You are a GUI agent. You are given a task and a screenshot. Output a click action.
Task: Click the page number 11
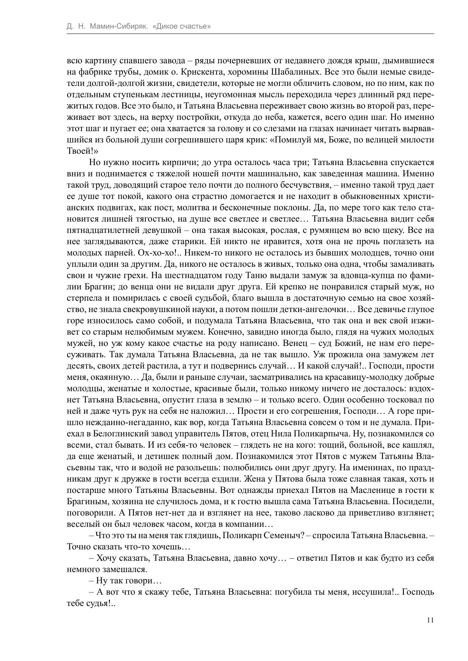tap(430, 620)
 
